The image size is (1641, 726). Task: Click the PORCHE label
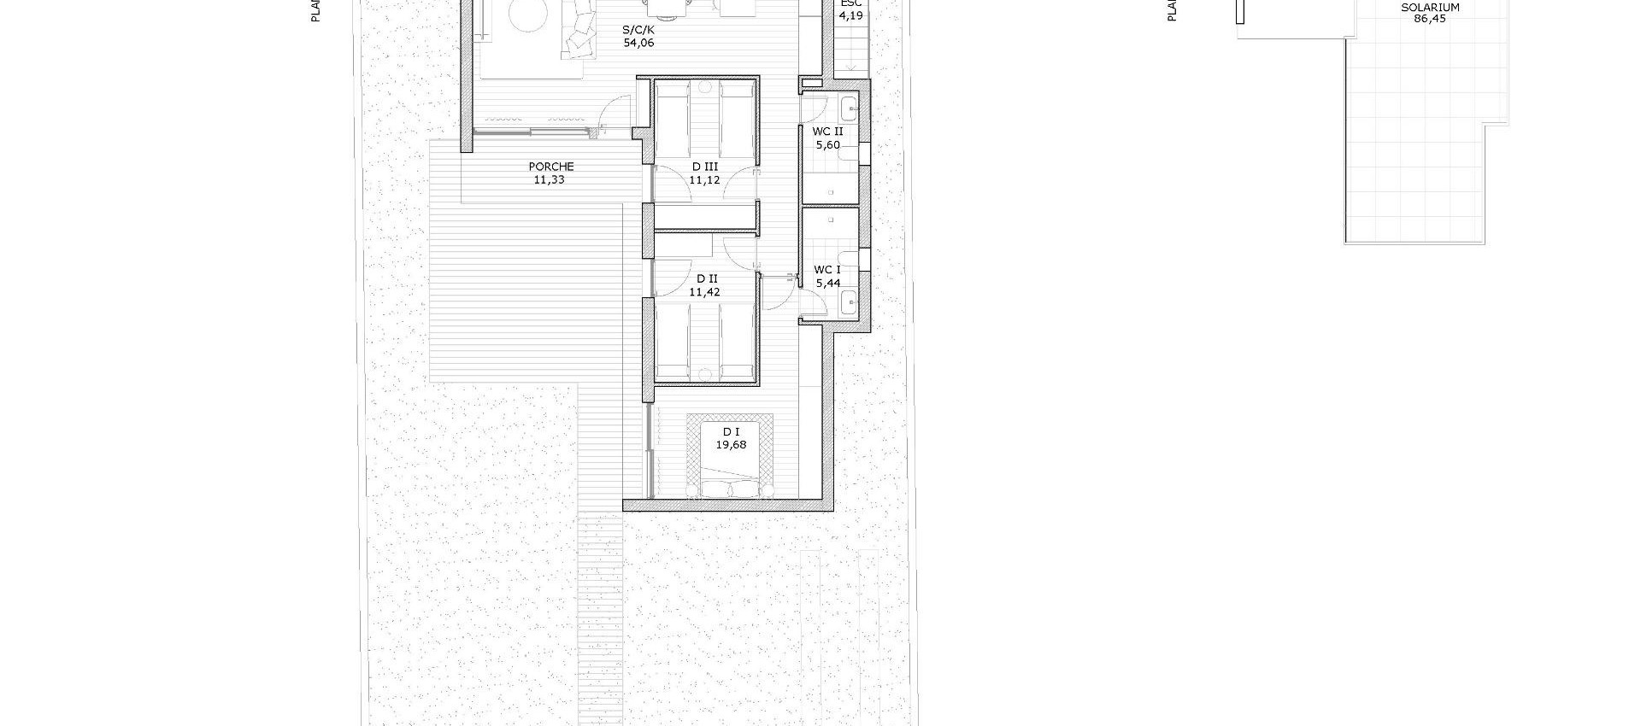click(551, 167)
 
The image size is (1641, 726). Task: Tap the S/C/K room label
click(638, 29)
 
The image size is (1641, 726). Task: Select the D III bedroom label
click(705, 167)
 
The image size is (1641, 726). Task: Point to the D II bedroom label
click(706, 278)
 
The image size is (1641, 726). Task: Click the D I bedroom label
click(731, 432)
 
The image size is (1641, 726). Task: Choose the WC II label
click(827, 132)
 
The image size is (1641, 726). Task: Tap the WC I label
click(827, 270)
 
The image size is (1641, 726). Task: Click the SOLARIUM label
click(1430, 8)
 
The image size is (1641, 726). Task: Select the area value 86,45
click(1430, 19)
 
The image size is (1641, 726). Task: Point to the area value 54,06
click(638, 43)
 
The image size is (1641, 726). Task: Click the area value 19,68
click(731, 445)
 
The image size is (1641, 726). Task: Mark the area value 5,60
click(827, 145)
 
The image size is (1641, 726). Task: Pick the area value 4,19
click(850, 15)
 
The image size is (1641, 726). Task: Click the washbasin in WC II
click(849, 108)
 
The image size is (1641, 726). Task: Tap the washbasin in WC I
click(849, 302)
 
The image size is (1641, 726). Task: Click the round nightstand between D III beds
click(705, 86)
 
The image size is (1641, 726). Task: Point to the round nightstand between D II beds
click(705, 372)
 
